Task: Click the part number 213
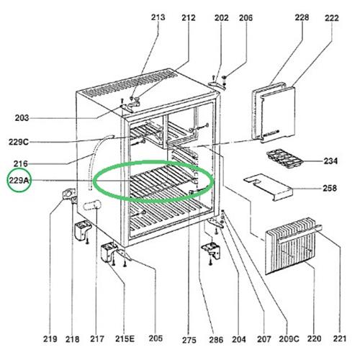(x=158, y=17)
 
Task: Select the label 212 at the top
(x=189, y=17)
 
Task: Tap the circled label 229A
(x=19, y=180)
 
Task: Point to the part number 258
(x=330, y=188)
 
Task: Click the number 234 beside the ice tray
(x=330, y=161)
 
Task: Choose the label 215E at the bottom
(x=125, y=338)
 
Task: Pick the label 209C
(x=289, y=339)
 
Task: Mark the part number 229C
(x=19, y=142)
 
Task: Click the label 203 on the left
(x=22, y=118)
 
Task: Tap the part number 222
(x=332, y=18)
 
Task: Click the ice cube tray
(x=284, y=158)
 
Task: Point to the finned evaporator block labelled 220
(x=290, y=246)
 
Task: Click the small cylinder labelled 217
(x=92, y=205)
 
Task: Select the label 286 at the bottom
(x=216, y=339)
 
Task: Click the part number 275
(x=189, y=340)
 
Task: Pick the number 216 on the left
(x=20, y=163)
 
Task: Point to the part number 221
(x=340, y=338)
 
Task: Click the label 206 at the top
(x=246, y=17)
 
